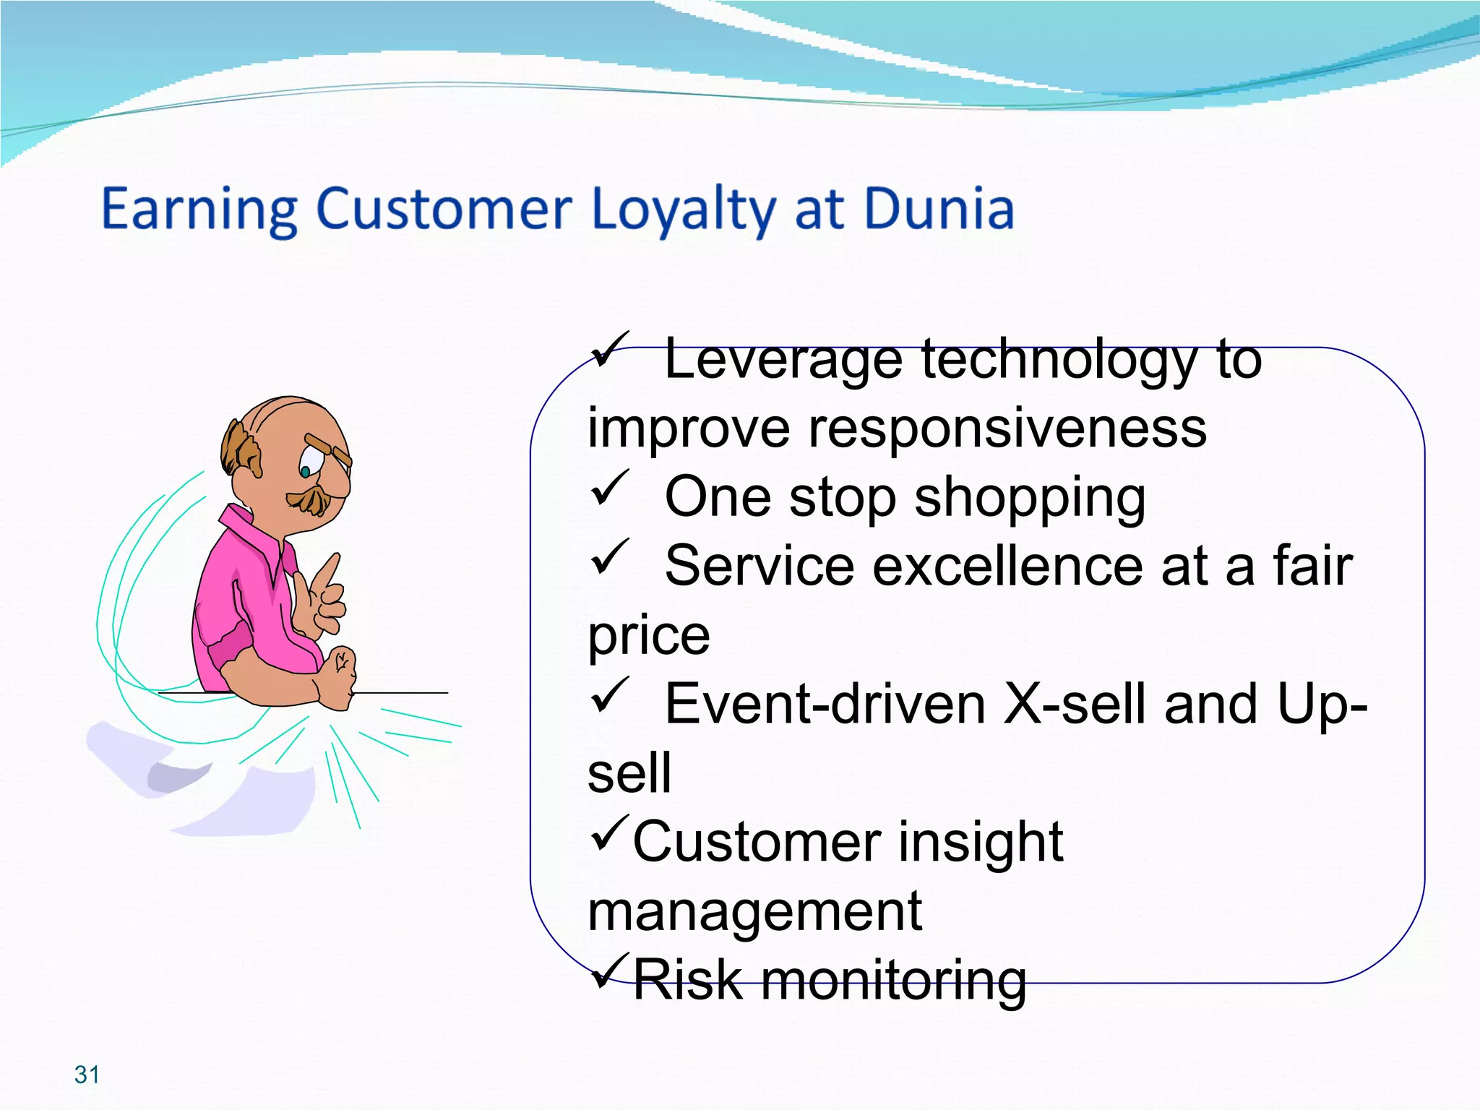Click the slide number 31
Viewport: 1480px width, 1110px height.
(x=87, y=1075)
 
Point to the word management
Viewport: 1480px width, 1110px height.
(x=754, y=912)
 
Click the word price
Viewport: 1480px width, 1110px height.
(x=648, y=637)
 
